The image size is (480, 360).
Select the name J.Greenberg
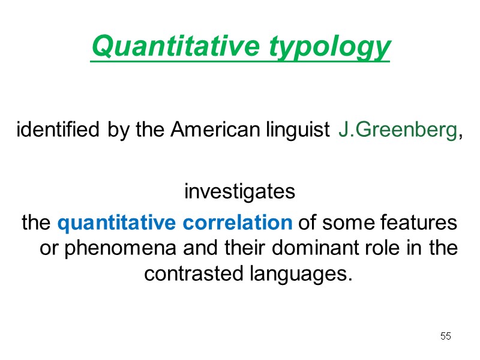pyautogui.click(x=397, y=130)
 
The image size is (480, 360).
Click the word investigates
pyautogui.click(x=240, y=193)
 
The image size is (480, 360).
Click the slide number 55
pyautogui.click(x=445, y=336)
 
